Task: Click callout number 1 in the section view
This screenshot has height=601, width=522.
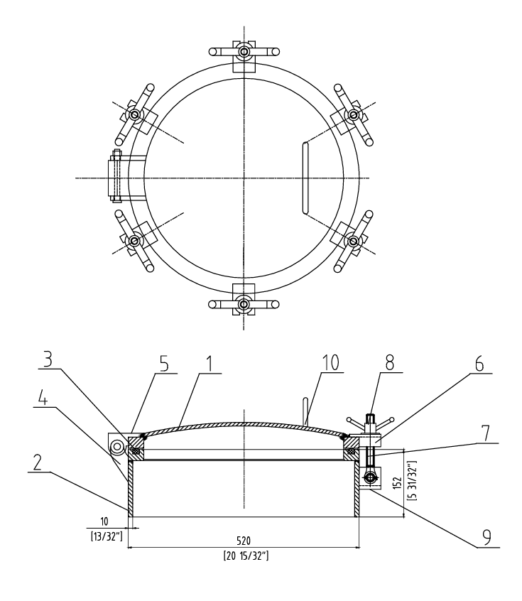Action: (209, 364)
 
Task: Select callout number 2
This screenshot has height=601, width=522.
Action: (37, 463)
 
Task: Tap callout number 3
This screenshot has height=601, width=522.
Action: (48, 360)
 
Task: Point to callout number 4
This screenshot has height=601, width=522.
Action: (43, 399)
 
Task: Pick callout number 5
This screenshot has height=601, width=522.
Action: (164, 364)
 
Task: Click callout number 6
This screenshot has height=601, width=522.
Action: (479, 364)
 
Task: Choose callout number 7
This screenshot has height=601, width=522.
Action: (485, 433)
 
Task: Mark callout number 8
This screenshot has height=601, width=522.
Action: (389, 363)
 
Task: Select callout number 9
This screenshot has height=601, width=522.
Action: (486, 538)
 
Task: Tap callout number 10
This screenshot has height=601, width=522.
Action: (330, 363)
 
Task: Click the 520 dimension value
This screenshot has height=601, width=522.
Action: (244, 541)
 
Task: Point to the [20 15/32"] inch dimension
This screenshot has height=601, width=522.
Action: (246, 556)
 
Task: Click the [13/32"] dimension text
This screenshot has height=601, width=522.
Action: (107, 536)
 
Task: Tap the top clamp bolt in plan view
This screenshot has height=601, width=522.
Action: (244, 51)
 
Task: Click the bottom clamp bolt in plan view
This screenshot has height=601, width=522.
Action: (244, 304)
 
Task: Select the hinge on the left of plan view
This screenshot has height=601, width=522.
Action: (127, 178)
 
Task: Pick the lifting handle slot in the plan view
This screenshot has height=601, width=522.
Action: (305, 178)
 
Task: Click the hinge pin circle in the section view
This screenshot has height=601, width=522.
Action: (116, 447)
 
